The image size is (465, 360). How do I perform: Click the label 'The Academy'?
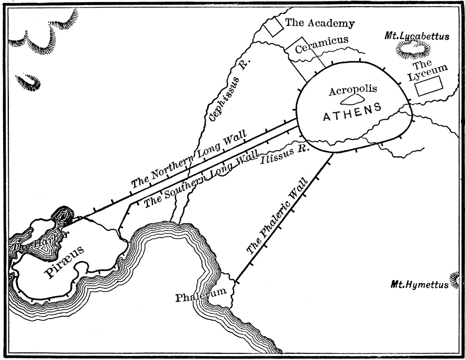click(320, 23)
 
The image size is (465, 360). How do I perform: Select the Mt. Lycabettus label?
click(417, 36)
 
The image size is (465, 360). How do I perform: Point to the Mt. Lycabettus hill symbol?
click(413, 50)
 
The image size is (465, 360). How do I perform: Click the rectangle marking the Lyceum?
click(430, 85)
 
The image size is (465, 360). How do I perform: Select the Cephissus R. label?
click(229, 90)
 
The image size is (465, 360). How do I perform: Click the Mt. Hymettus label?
click(420, 284)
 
